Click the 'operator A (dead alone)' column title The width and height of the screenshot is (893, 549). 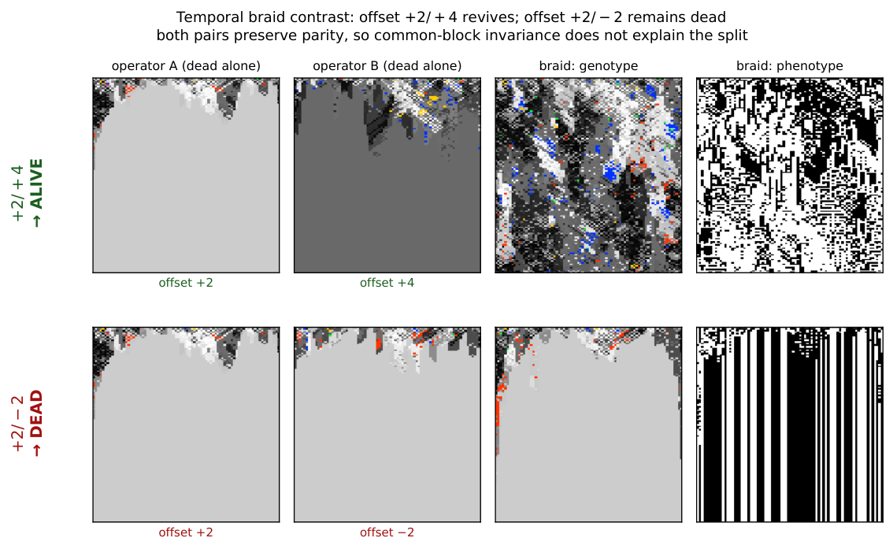click(x=186, y=66)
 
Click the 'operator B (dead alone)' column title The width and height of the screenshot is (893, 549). click(x=387, y=66)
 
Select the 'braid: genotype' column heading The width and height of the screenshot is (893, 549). click(x=588, y=66)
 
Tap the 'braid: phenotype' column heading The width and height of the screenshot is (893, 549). click(x=789, y=66)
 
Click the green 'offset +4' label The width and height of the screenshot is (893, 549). click(x=387, y=283)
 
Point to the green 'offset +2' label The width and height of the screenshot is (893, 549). click(x=186, y=283)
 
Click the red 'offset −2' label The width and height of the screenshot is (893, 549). click(x=387, y=532)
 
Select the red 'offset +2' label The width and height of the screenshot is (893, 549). click(x=186, y=532)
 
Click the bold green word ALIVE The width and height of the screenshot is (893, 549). click(x=36, y=184)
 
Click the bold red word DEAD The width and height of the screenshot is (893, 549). click(x=36, y=414)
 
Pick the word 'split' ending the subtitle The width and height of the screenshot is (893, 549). click(x=732, y=36)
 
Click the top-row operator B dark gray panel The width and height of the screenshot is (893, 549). click(x=387, y=176)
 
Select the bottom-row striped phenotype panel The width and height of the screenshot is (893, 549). click(x=789, y=425)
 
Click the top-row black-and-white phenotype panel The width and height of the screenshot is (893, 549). click(x=789, y=176)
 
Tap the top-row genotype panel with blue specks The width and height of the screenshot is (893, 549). click(x=588, y=176)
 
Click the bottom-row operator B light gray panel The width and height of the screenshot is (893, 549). click(x=387, y=425)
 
